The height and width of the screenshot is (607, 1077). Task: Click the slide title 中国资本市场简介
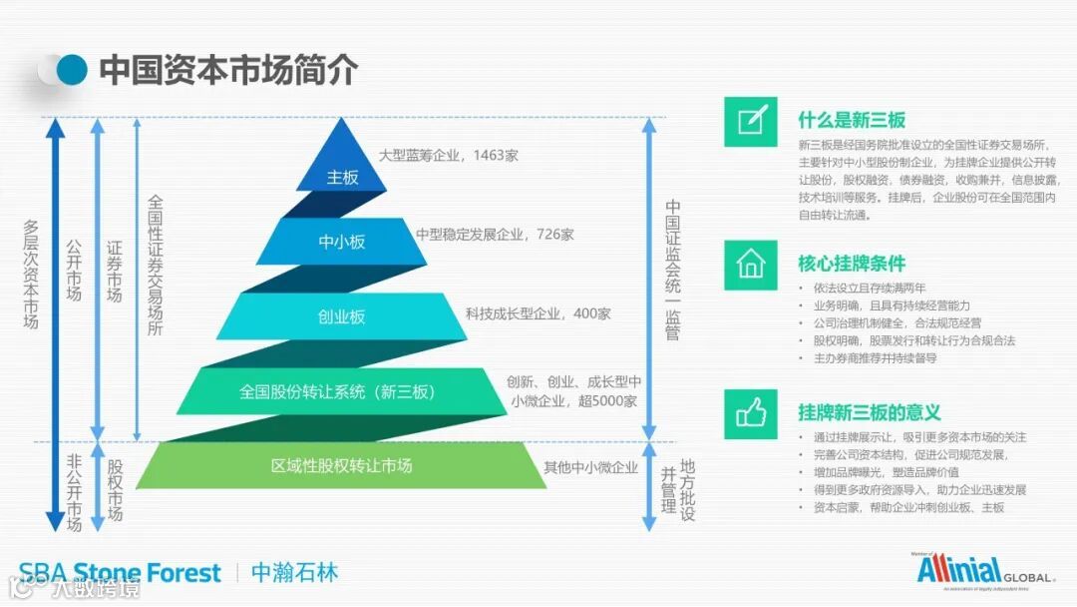pyautogui.click(x=228, y=70)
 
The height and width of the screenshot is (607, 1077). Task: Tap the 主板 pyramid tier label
pyautogui.click(x=342, y=178)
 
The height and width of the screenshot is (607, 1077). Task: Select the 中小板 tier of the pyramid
pyautogui.click(x=342, y=242)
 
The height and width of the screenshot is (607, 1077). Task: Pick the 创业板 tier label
pyautogui.click(x=342, y=316)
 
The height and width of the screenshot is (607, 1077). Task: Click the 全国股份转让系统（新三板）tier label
pyautogui.click(x=338, y=391)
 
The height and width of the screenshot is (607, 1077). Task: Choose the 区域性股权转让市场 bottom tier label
pyautogui.click(x=342, y=465)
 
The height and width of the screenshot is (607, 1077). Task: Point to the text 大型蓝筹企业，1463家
pyautogui.click(x=449, y=156)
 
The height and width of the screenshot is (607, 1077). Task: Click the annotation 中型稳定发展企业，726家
pyautogui.click(x=495, y=235)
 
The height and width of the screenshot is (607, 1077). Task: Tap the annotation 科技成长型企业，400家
pyautogui.click(x=538, y=313)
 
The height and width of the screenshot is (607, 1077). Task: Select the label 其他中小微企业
pyautogui.click(x=590, y=467)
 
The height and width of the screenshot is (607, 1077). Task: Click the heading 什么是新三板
pyautogui.click(x=852, y=120)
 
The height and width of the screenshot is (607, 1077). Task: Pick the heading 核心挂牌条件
pyautogui.click(x=852, y=265)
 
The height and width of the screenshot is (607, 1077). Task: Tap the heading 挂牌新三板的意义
pyautogui.click(x=870, y=412)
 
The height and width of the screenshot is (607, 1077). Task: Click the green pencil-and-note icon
pyautogui.click(x=751, y=121)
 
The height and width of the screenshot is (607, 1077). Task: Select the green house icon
pyautogui.click(x=751, y=265)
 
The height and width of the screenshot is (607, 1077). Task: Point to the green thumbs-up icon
pyautogui.click(x=751, y=412)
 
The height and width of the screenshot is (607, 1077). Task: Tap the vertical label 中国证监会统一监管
pyautogui.click(x=673, y=270)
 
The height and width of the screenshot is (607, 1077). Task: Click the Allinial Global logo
pyautogui.click(x=983, y=570)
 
